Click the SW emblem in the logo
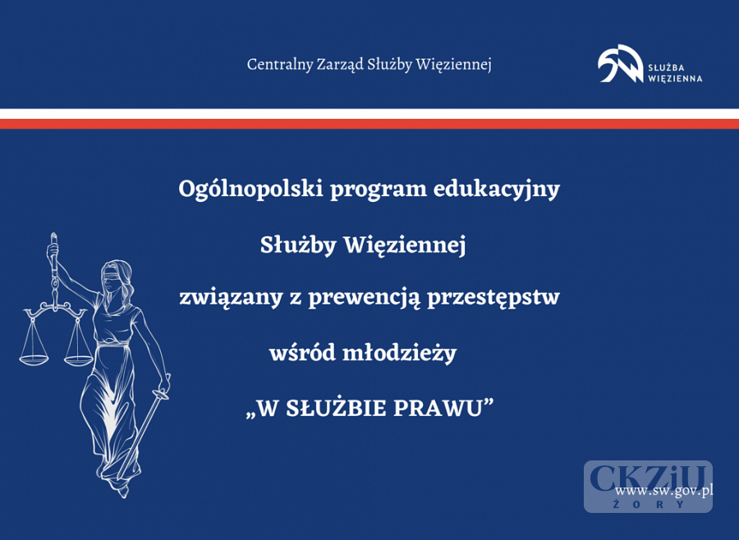(x=620, y=64)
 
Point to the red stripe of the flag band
(x=369, y=124)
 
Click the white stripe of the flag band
(x=369, y=114)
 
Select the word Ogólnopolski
(x=250, y=190)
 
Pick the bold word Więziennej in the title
(x=404, y=245)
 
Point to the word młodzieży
(x=400, y=353)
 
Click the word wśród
(x=302, y=353)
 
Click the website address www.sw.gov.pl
(x=663, y=491)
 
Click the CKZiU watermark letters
(x=648, y=478)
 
